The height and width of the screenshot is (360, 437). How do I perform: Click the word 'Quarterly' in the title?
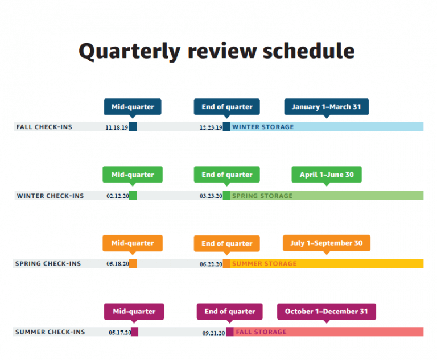pyautogui.click(x=130, y=52)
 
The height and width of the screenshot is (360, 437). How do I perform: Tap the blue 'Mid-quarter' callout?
pyautogui.click(x=133, y=107)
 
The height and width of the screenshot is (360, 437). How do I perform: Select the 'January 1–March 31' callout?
pyautogui.click(x=327, y=107)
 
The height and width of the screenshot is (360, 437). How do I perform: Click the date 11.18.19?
pyautogui.click(x=117, y=127)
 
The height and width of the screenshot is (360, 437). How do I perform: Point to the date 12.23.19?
pyautogui.click(x=211, y=127)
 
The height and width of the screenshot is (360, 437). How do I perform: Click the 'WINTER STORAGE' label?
pyautogui.click(x=263, y=127)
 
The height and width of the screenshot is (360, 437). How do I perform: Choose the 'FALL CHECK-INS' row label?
pyautogui.click(x=44, y=127)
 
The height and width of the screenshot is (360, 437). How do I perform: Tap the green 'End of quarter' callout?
pyautogui.click(x=227, y=175)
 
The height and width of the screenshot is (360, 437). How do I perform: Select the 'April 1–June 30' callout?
pyautogui.click(x=327, y=175)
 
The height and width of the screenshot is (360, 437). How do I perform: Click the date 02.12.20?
pyautogui.click(x=118, y=196)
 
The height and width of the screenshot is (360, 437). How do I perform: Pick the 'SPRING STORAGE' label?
pyautogui.click(x=262, y=196)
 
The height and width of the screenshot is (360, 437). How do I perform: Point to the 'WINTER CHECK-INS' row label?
pyautogui.click(x=50, y=196)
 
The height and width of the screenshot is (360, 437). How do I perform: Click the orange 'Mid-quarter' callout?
pyautogui.click(x=133, y=243)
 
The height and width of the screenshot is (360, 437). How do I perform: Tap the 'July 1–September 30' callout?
pyautogui.click(x=327, y=243)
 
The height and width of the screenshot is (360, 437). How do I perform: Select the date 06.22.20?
pyautogui.click(x=211, y=264)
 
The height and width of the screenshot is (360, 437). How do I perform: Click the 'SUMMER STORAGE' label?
pyautogui.click(x=265, y=263)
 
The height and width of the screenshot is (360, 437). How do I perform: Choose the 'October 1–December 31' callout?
pyautogui.click(x=327, y=312)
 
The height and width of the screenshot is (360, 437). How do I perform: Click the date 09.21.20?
pyautogui.click(x=213, y=333)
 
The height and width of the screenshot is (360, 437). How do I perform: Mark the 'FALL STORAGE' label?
pyautogui.click(x=261, y=332)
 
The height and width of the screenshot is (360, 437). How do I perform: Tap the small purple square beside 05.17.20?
pyautogui.click(x=135, y=332)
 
